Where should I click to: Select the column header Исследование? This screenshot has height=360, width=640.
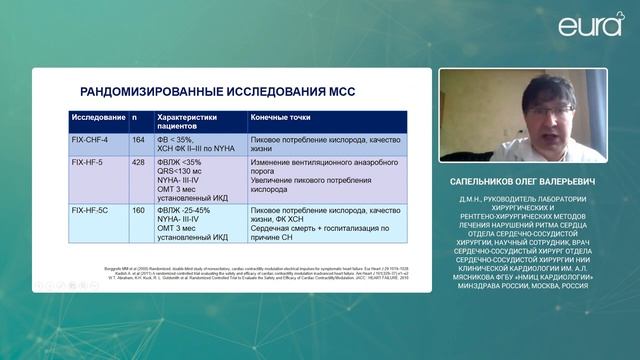pos(97,117)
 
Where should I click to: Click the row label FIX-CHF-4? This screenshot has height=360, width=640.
pos(93,141)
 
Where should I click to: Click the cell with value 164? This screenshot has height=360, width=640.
pos(140,141)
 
